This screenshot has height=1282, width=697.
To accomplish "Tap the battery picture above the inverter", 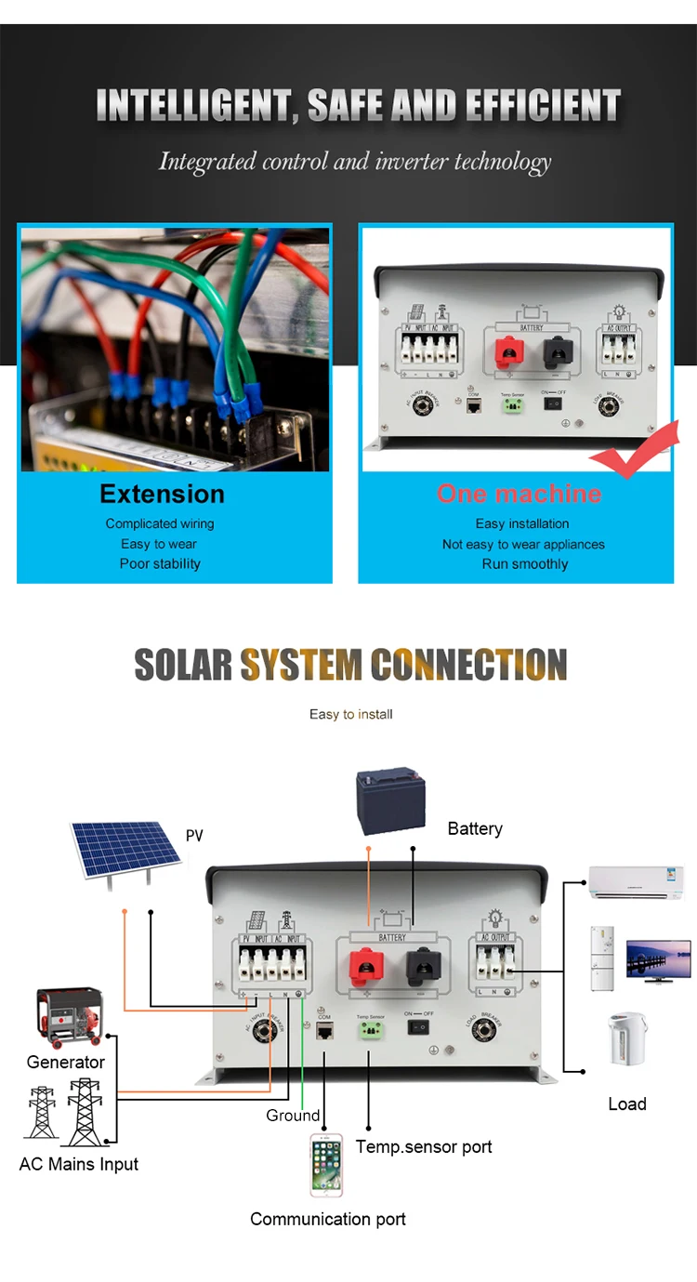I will pos(391,799).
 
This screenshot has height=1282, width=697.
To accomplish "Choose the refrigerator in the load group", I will pos(602,958).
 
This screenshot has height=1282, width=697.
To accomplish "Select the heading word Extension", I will pos(162,494).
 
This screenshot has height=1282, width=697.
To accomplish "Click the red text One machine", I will pos(519,494).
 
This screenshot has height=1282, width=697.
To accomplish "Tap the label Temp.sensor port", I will pos(424,1146).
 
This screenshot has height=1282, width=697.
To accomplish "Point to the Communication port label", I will pos(328,1219).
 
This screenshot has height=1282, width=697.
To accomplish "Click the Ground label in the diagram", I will pos(293,1115).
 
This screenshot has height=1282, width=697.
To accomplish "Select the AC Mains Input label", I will pos(79,1164).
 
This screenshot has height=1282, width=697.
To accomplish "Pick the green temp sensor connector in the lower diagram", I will pos(370,1029).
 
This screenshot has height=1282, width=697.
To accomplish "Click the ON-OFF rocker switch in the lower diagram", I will pos(420,1027).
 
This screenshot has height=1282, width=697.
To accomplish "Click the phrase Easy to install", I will pos(351,714).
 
